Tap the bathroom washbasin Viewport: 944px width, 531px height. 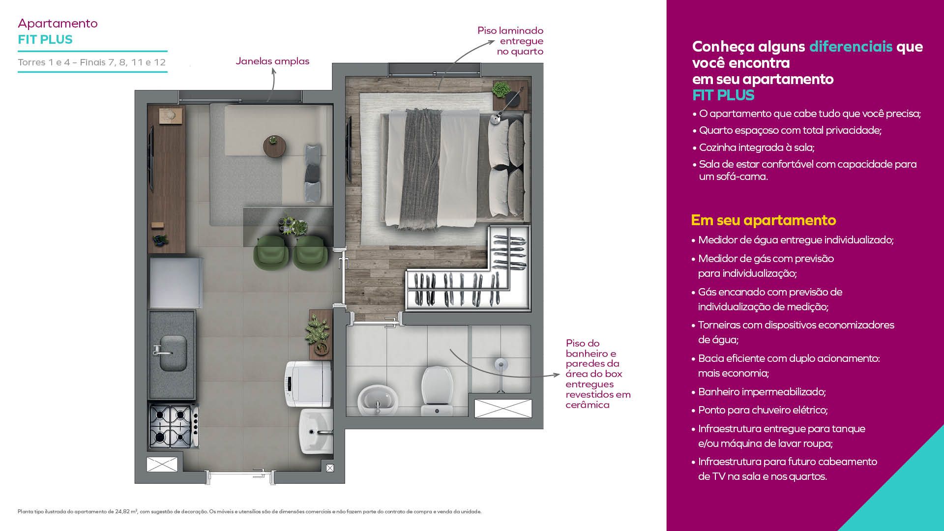(378, 400)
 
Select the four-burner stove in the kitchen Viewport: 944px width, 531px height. (174, 425)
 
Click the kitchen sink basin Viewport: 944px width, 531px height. (173, 353)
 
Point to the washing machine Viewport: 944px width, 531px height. (308, 383)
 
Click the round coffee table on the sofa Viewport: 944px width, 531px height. (274, 146)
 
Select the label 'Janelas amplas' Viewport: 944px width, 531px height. (272, 61)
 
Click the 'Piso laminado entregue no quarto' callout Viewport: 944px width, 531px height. (510, 41)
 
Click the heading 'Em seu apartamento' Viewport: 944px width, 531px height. (763, 220)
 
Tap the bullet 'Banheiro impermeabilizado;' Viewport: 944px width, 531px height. (762, 392)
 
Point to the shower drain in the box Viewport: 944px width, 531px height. (501, 364)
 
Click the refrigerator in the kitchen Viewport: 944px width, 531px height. (176, 282)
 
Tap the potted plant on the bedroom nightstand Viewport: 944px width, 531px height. (501, 90)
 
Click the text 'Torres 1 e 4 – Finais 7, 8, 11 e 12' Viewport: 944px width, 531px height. (92, 62)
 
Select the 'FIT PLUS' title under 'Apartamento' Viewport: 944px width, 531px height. (45, 40)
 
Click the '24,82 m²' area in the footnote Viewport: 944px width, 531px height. (126, 512)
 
